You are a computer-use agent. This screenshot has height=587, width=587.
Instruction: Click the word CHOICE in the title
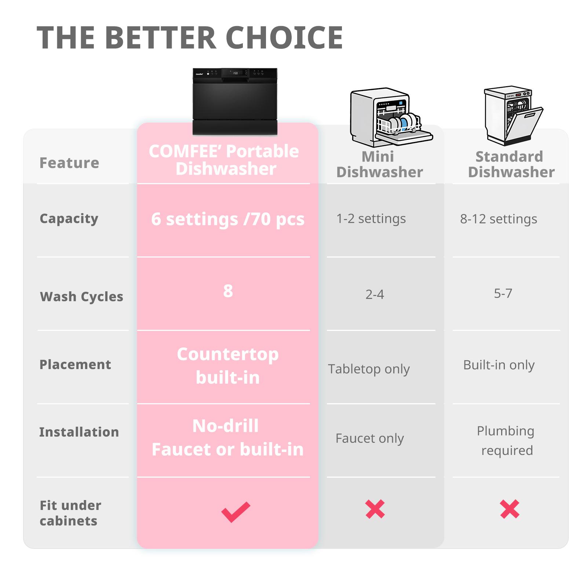point(284,38)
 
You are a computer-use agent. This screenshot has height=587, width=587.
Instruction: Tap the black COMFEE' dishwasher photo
point(235,101)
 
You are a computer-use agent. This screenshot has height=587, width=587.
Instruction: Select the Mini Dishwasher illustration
point(391,117)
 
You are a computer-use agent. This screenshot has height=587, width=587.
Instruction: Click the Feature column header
point(69,163)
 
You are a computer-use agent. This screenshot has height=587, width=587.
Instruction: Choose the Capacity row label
point(69,219)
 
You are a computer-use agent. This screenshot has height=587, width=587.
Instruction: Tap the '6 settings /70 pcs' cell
point(228,219)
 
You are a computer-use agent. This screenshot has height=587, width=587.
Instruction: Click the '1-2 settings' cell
point(371,219)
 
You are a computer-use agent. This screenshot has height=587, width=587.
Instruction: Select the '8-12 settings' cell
point(499,219)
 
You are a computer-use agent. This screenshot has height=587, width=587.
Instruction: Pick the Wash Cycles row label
point(81,296)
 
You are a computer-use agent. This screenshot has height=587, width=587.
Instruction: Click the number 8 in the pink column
point(228,291)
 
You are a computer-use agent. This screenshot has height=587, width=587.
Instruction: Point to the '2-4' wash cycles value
point(375,294)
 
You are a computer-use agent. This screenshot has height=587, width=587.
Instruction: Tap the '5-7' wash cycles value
point(503,293)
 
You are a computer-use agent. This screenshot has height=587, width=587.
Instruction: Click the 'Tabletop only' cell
point(369,369)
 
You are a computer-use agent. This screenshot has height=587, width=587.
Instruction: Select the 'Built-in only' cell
point(499,365)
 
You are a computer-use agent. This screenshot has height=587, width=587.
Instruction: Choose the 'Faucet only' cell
point(369,438)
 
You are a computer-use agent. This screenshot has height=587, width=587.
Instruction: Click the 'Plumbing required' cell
point(506,441)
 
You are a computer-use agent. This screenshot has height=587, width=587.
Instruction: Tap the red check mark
point(236,512)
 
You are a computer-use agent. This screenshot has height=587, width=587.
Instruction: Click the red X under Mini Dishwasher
point(375,509)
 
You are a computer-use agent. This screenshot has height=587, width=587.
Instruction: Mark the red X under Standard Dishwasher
point(510,509)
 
